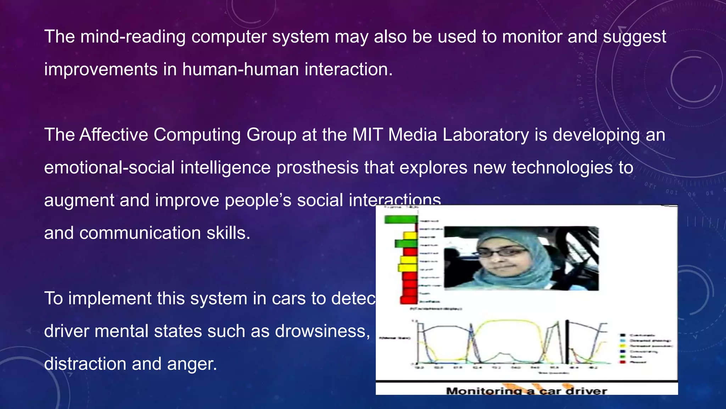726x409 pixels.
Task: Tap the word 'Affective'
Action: coord(114,135)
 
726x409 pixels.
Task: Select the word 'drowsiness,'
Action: coord(323,331)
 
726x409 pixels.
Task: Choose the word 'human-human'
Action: coord(240,69)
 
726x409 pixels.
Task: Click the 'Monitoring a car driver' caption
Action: coord(526,391)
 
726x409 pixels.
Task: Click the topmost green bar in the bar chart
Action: coord(401,220)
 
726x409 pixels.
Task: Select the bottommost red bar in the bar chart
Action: coord(408,300)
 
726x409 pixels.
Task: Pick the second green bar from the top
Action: coord(406,244)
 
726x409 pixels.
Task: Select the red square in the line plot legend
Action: coord(622,362)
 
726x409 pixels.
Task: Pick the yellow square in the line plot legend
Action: coord(622,345)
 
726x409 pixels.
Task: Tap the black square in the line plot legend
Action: coord(622,335)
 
